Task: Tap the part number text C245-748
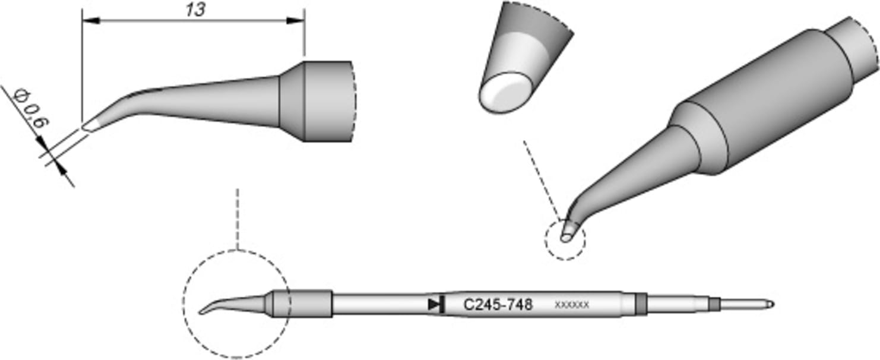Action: click(497, 305)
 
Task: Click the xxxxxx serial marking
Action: click(571, 305)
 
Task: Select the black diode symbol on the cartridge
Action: click(436, 305)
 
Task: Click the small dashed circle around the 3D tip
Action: click(565, 239)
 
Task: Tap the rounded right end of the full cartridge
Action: click(770, 304)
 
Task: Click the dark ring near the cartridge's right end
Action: click(640, 304)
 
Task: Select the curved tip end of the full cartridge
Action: click(205, 311)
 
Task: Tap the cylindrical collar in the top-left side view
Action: click(327, 101)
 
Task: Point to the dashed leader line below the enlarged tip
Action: click(540, 178)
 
